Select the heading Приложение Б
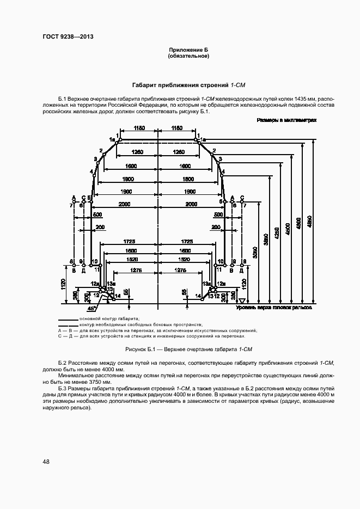click(x=188, y=50)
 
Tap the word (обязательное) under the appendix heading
click(x=188, y=56)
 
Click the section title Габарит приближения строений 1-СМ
click(x=188, y=85)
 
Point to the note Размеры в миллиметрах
click(x=287, y=119)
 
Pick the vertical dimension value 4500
click(x=288, y=226)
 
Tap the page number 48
click(x=46, y=462)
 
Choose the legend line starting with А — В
click(x=158, y=330)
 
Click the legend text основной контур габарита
click(x=109, y=317)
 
